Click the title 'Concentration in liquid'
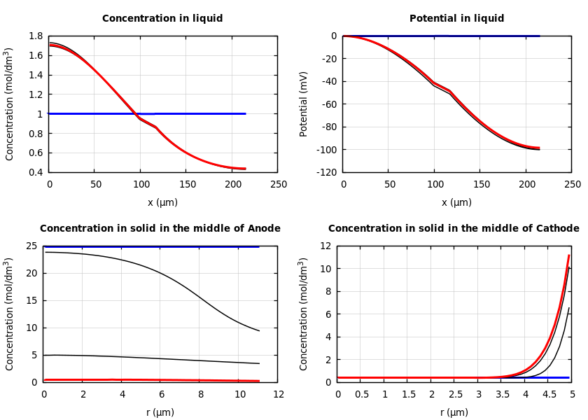tap(162, 19)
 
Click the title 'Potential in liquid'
tap(456, 19)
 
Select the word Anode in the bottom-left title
tap(265, 229)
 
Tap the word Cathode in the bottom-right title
tap(554, 229)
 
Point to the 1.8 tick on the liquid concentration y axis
tap(35, 36)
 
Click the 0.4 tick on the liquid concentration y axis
tap(35, 172)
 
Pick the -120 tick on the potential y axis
tap(325, 172)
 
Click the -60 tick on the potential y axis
tap(328, 104)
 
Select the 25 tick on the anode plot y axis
tap(31, 246)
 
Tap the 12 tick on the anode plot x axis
tap(279, 395)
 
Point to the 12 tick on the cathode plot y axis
tap(325, 246)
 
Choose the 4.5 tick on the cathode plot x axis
tap(549, 395)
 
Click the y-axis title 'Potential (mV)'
tap(304, 104)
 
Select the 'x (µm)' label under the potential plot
tap(456, 202)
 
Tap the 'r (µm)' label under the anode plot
tap(160, 412)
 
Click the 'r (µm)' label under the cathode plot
tap(454, 412)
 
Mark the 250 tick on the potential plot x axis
tap(572, 185)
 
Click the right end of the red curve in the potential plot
tap(539, 148)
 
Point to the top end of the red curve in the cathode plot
tap(568, 255)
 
